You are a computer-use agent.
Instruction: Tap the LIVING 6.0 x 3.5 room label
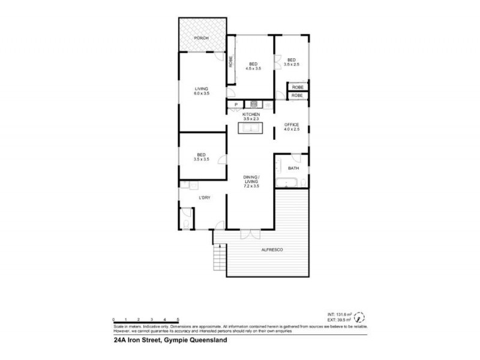193,92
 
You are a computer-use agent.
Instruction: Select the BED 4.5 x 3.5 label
253,65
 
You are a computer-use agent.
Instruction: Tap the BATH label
293,168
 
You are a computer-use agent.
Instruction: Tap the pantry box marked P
236,104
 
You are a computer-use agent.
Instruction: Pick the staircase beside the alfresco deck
220,259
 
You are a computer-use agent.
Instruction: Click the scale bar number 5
178,319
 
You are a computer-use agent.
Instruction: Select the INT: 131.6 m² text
338,314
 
